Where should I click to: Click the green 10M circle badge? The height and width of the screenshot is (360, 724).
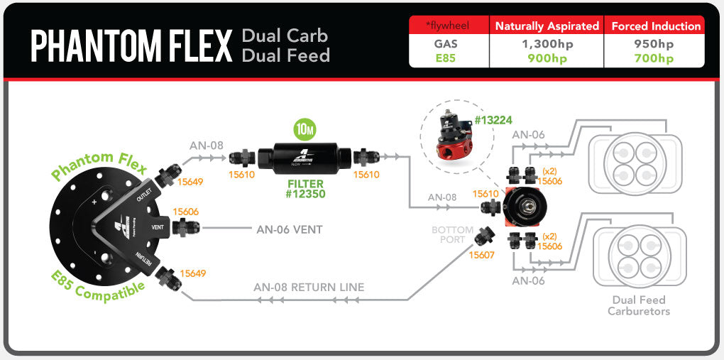305,131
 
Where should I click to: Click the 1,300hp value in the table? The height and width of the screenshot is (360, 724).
547,43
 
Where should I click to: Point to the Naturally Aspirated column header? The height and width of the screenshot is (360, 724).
547,26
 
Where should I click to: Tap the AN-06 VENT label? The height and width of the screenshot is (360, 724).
289,229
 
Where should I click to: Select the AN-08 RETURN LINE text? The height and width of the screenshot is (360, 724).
309,288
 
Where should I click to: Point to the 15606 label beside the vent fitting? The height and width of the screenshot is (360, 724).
185,211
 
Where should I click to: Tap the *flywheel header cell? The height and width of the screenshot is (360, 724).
449,26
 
